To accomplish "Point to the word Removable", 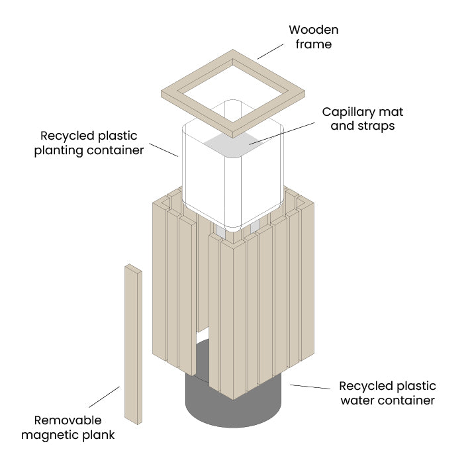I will point(68,420).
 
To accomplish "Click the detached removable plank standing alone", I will point(132,344).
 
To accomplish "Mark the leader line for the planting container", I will point(164,150).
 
